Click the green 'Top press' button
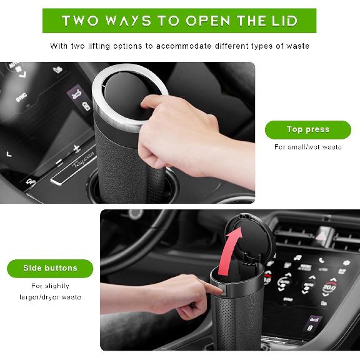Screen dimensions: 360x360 pos(307,129)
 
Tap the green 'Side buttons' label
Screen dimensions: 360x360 pos(50,268)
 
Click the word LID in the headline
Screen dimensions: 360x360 pos(283,21)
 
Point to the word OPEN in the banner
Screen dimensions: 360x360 pos(204,21)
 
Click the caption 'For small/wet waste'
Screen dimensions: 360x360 pos(307,147)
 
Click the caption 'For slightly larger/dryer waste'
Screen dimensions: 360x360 pos(50,291)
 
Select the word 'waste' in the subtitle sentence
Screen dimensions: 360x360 pos(297,46)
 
